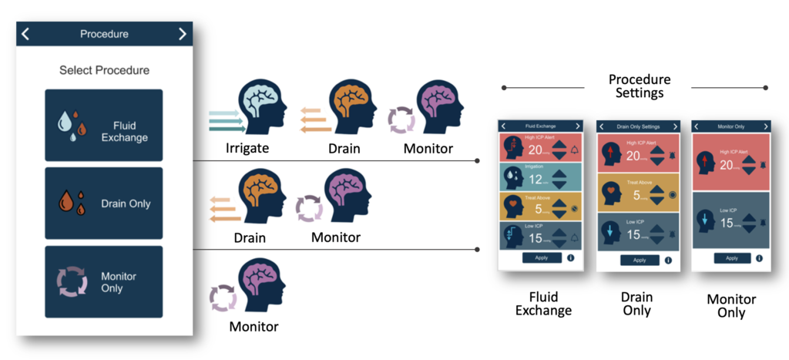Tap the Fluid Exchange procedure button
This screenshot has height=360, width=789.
(x=103, y=125)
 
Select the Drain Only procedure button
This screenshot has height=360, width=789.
(x=103, y=204)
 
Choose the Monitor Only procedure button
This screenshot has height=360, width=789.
(x=103, y=282)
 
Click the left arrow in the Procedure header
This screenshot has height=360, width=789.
(x=25, y=34)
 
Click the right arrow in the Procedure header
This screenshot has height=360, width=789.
(x=182, y=34)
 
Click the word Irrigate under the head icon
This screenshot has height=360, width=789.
(x=247, y=147)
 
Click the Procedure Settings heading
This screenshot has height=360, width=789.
(x=639, y=86)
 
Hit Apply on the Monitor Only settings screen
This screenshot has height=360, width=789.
(x=731, y=258)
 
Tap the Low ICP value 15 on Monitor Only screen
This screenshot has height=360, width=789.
(x=726, y=223)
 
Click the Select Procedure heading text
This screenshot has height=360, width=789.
(x=104, y=70)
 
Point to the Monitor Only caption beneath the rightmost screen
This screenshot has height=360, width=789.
(x=731, y=306)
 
